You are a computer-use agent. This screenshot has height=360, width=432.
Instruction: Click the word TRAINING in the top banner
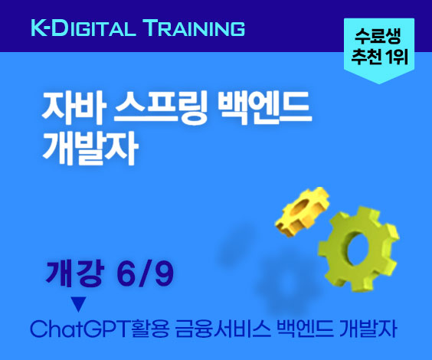[x=195, y=28]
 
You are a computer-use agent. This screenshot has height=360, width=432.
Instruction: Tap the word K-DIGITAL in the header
[x=83, y=28]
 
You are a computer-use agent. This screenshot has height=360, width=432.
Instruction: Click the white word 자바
[x=74, y=107]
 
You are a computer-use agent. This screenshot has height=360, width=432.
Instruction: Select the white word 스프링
[x=161, y=108]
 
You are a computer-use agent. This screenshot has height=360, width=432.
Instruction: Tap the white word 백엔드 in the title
[x=264, y=107]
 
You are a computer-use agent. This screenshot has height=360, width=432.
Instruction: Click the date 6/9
[x=145, y=273]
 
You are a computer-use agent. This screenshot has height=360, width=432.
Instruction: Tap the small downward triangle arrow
[x=79, y=304]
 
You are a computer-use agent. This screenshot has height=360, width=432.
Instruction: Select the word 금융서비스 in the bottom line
[x=223, y=329]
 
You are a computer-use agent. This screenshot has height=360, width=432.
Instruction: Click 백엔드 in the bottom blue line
[x=305, y=329]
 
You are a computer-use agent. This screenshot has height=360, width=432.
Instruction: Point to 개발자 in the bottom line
[x=368, y=329]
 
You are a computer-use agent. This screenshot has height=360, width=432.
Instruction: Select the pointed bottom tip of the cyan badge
[x=379, y=83]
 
